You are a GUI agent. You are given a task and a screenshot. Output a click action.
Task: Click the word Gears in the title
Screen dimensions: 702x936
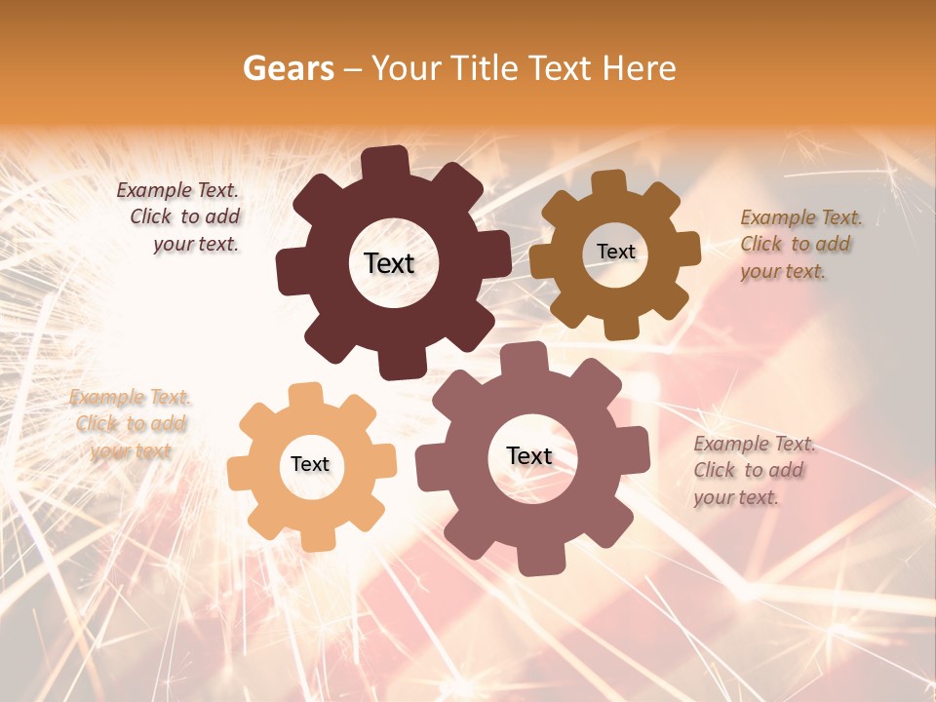288,68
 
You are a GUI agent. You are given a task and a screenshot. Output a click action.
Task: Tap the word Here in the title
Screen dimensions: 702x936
639,68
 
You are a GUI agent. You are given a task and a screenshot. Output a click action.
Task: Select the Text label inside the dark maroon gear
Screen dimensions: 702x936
389,263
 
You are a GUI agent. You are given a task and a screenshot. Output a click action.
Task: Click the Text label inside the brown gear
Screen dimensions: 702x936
615,252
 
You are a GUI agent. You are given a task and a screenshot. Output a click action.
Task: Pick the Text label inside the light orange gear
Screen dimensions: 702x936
310,464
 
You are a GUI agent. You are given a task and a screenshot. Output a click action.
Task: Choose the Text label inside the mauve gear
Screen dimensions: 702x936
529,455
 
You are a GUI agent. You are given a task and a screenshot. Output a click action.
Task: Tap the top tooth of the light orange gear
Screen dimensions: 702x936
306,396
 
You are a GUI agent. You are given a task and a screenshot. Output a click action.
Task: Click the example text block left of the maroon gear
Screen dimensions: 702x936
181,217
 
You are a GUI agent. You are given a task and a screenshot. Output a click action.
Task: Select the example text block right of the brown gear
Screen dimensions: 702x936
799,244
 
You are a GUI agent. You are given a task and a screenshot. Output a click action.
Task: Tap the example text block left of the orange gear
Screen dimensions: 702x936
130,424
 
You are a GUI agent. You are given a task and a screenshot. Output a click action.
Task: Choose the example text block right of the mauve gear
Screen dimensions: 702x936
753,470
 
